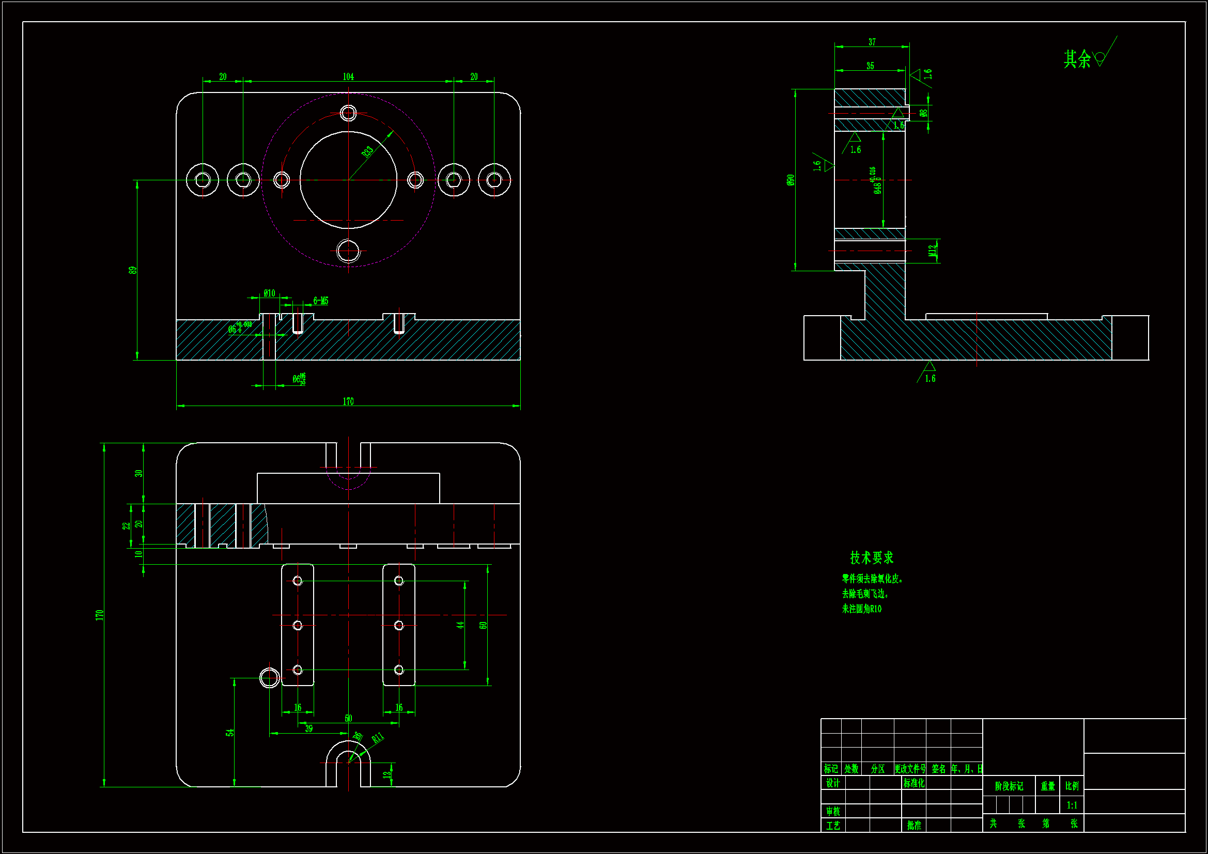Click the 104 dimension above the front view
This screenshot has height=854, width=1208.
[x=348, y=77]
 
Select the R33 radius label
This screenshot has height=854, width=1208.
[x=367, y=151]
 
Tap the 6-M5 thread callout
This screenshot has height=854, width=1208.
[x=320, y=301]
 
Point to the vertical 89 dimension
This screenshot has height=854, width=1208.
[x=133, y=270]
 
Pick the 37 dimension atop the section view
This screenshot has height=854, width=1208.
[x=872, y=42]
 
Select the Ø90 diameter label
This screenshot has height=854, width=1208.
[x=790, y=180]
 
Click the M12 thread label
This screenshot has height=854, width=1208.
[x=932, y=251]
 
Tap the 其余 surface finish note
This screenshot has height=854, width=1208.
[x=1077, y=59]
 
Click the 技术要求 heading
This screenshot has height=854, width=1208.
[x=871, y=557]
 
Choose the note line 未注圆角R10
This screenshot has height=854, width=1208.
[x=861, y=609]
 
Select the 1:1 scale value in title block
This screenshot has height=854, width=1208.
[x=1072, y=805]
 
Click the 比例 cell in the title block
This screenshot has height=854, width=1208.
[x=1072, y=786]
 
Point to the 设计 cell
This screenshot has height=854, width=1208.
[x=832, y=783]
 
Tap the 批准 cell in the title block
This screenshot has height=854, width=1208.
[x=914, y=825]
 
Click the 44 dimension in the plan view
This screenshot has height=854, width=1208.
[x=460, y=625]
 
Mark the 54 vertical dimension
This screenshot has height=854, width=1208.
[x=230, y=733]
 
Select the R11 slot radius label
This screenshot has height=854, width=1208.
[x=378, y=738]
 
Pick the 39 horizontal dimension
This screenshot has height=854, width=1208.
[x=309, y=729]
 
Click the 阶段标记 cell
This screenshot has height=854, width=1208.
[x=1009, y=786]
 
